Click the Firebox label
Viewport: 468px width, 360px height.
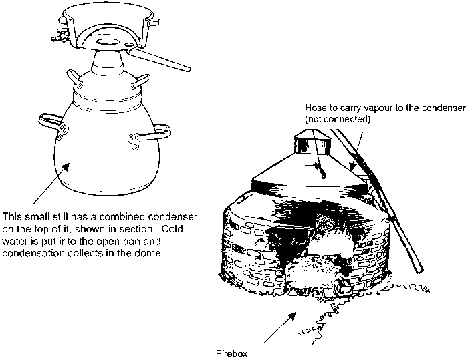pos(231,354)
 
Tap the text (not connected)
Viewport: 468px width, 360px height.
pos(338,119)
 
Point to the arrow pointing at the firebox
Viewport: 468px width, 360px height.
pos(279,328)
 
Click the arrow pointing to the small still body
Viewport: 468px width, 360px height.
pos(51,183)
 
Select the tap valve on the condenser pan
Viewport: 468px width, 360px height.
pos(60,35)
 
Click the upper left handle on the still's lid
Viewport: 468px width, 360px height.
pos(75,79)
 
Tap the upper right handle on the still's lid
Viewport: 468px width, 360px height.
pos(140,81)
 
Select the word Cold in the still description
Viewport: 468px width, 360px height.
pos(172,229)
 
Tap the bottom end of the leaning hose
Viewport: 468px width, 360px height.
pos(420,271)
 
